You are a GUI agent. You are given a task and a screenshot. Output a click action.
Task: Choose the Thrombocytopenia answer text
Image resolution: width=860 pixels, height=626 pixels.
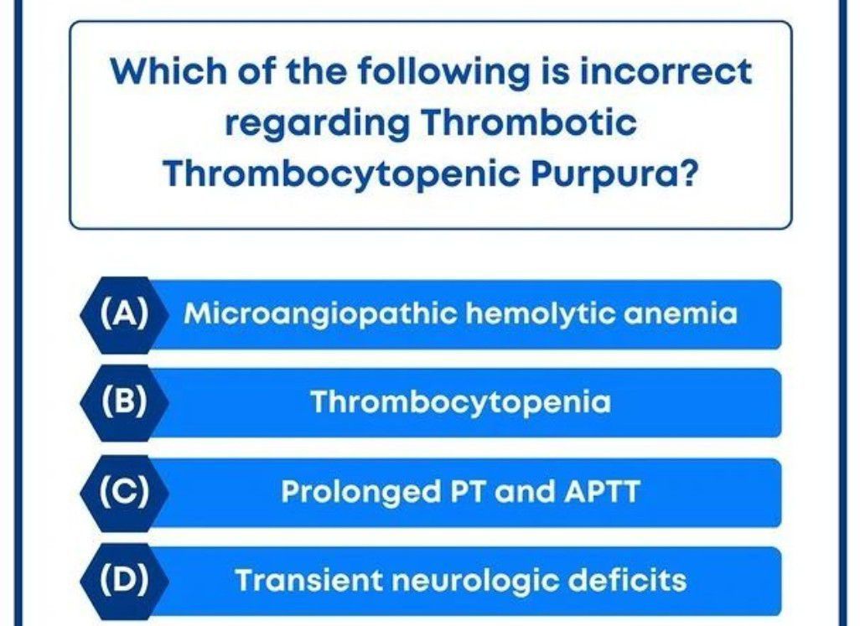click(x=461, y=404)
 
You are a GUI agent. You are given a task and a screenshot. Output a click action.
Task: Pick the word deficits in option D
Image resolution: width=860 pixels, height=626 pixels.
click(x=629, y=580)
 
